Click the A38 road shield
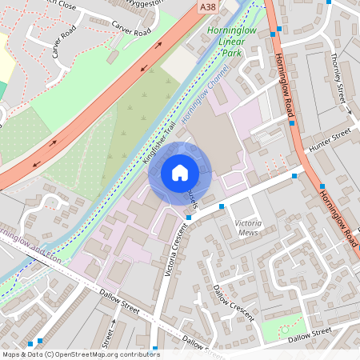coord(207,6)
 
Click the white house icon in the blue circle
coord(180,173)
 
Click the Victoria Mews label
coord(250,227)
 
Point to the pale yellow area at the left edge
coord(6,56)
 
